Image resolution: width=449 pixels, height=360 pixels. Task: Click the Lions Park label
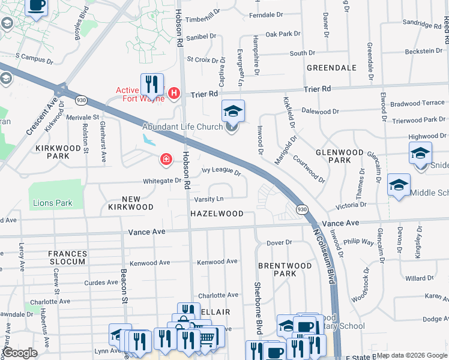(x=53, y=203)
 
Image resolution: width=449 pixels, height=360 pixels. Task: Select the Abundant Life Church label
(x=182, y=127)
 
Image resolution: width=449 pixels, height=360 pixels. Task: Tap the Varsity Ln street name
(x=208, y=199)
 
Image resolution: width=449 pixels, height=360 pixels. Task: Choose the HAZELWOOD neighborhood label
(x=217, y=214)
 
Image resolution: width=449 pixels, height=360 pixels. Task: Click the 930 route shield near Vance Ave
(x=302, y=209)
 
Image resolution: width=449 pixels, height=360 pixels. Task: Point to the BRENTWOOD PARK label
(x=285, y=269)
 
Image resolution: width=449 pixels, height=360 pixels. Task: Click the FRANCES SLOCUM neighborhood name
(x=76, y=258)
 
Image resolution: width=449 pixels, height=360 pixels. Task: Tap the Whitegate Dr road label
(x=162, y=180)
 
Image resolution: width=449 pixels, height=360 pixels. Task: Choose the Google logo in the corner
(x=20, y=353)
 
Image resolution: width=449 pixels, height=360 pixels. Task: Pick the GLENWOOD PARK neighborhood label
(x=340, y=156)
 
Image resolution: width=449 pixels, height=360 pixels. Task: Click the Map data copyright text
(x=412, y=355)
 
